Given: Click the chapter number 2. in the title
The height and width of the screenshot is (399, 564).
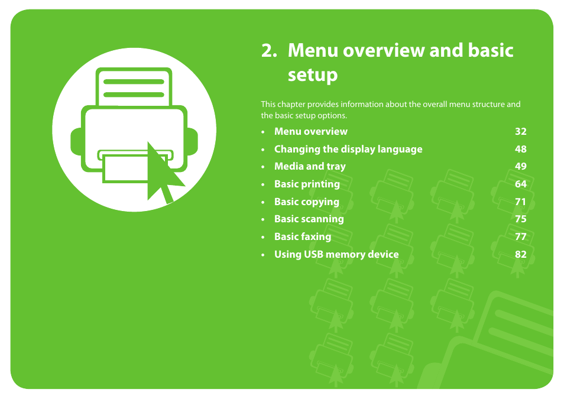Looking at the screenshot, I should point(269,51).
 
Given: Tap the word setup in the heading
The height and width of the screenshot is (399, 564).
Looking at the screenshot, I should point(313,76).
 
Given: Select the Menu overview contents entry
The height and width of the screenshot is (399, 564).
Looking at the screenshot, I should point(310,131).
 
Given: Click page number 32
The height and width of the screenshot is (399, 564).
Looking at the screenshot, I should point(520,131).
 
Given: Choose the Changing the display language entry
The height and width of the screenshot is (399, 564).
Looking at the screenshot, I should point(348,149).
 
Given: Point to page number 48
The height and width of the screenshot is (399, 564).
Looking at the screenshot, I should point(520,149).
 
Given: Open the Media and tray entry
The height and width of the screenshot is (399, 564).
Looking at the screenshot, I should point(309,167).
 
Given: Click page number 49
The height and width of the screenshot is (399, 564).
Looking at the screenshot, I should point(520,167).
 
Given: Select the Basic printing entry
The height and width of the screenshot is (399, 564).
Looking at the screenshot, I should point(307,184).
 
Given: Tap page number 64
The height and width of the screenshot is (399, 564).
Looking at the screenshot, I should point(520,184).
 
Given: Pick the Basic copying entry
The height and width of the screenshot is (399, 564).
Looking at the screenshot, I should point(306,202).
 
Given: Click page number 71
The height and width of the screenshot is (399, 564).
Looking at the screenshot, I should point(520,202).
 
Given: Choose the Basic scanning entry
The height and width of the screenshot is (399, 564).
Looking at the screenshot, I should point(309,219).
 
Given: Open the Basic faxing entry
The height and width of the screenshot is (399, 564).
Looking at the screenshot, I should point(302,236).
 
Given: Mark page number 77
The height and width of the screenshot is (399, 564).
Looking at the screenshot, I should point(520,236).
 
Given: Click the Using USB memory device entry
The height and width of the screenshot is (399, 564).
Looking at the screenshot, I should point(336,254).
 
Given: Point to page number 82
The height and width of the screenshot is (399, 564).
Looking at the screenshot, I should point(520,254).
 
